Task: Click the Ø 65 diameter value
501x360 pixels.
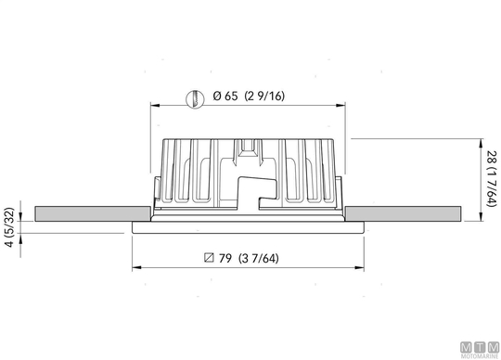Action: click(x=225, y=96)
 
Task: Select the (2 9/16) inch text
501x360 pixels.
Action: click(x=264, y=96)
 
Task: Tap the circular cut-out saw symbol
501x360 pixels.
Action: click(x=195, y=98)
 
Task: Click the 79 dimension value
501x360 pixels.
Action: click(x=225, y=258)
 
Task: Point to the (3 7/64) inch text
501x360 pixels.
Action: click(x=259, y=258)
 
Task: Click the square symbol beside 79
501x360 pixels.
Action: click(x=209, y=257)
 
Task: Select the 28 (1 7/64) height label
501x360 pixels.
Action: click(x=492, y=178)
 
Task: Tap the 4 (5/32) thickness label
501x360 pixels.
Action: click(x=9, y=227)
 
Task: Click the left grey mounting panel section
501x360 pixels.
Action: click(x=93, y=213)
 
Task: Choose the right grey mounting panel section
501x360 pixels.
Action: click(x=403, y=213)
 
